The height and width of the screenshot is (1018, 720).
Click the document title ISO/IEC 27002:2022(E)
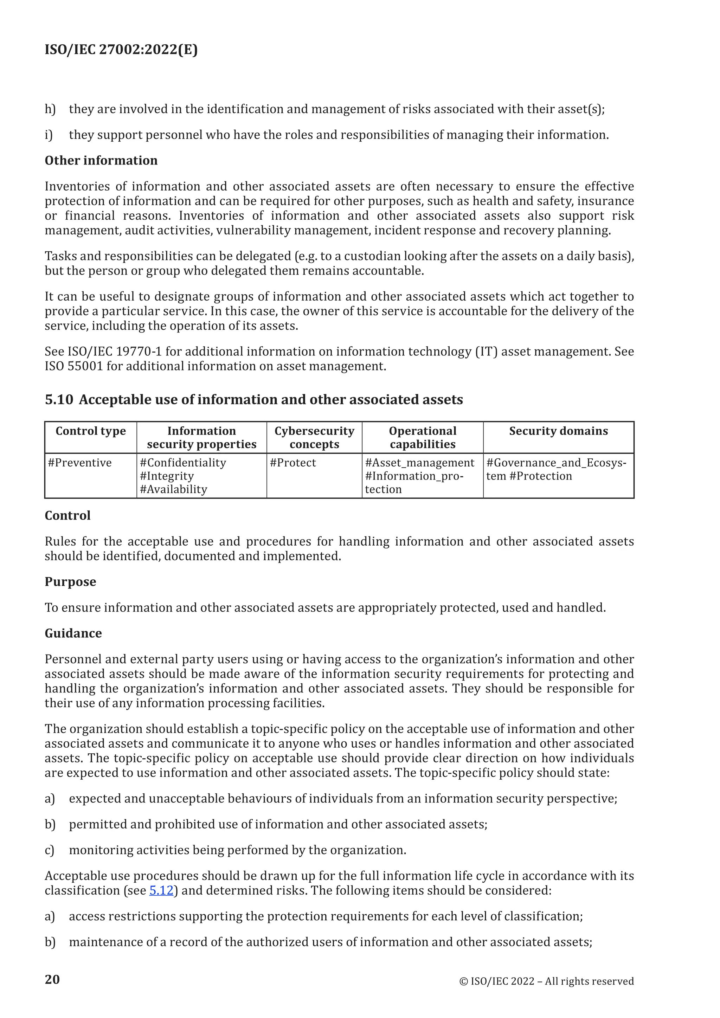(x=121, y=49)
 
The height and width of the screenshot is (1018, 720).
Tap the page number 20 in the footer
(x=52, y=979)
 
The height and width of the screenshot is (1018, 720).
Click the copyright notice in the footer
(x=546, y=981)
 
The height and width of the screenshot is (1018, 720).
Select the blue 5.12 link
(x=161, y=890)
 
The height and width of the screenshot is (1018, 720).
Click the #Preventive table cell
(x=80, y=463)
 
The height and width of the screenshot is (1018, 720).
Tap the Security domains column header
(x=558, y=431)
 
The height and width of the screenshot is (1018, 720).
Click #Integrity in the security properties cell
(x=167, y=476)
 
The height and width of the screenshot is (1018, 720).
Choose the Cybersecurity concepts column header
(x=314, y=437)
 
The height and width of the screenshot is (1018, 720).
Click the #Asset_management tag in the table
(x=419, y=463)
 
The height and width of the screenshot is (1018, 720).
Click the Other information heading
(x=101, y=161)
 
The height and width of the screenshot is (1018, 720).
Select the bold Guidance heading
(x=73, y=633)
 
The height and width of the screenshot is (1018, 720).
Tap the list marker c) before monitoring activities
(x=49, y=850)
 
